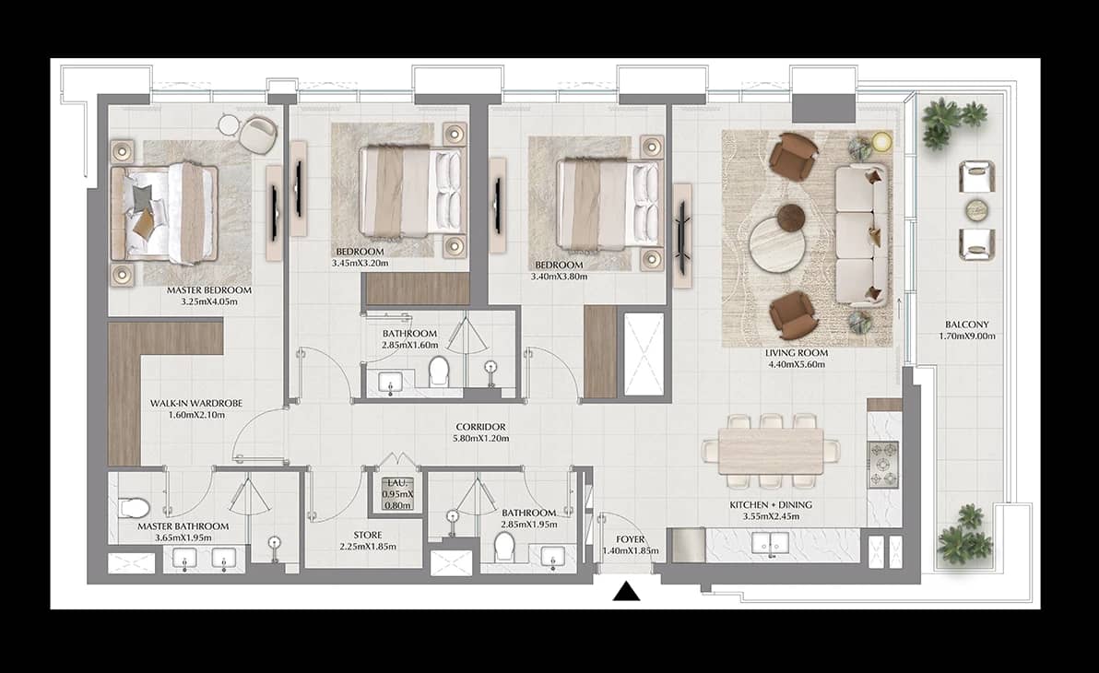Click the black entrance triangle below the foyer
coord(627,591)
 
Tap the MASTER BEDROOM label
coord(209,289)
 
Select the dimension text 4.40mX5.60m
coord(796,364)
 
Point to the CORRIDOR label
coord(482,427)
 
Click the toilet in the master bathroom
coord(135,507)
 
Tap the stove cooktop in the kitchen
coord(883,465)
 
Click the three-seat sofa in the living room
coord(860,235)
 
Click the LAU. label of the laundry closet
coord(397,482)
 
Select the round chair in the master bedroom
coord(257,135)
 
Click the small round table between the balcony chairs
coord(976,210)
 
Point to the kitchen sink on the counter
coord(768,544)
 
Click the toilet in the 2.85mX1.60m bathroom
coord(438,372)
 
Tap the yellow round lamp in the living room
coord(882,141)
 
